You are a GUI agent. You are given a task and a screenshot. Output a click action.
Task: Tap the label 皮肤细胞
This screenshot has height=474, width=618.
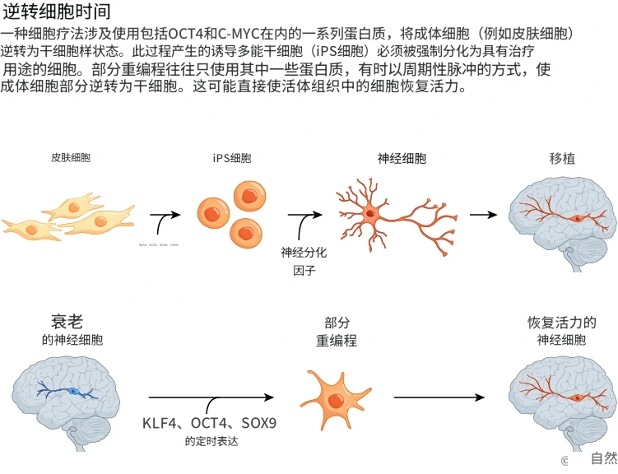click(71, 157)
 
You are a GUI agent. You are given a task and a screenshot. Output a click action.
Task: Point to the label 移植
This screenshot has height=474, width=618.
click(562, 158)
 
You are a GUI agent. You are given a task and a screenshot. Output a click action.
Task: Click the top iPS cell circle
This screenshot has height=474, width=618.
click(249, 196)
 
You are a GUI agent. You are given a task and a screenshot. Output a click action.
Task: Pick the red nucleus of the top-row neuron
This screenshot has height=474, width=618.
click(371, 213)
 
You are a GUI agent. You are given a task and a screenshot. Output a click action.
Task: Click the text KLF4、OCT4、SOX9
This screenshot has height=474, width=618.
click(209, 424)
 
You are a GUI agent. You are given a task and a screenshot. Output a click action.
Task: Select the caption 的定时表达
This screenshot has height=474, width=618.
click(211, 442)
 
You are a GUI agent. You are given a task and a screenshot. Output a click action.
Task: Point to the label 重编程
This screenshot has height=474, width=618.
click(337, 341)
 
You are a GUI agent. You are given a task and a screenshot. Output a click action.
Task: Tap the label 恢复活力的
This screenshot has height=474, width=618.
click(562, 323)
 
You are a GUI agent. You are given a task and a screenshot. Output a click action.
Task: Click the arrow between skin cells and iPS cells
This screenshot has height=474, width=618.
click(165, 217)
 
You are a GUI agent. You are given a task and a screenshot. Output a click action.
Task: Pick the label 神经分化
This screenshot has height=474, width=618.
click(304, 253)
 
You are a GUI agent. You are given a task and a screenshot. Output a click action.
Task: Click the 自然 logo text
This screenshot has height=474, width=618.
click(603, 459)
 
